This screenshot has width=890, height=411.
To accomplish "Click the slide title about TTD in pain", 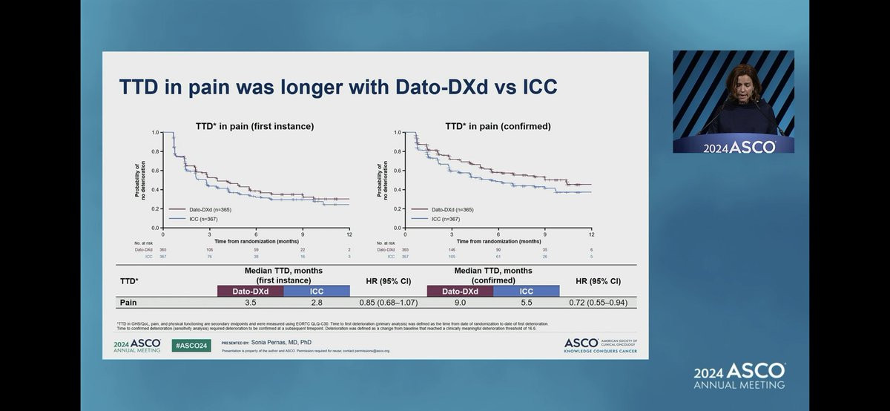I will pyautogui.click(x=338, y=88).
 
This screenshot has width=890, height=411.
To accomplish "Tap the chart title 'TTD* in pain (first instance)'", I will pyautogui.click(x=254, y=126).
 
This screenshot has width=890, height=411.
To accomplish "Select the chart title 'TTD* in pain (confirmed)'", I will pyautogui.click(x=498, y=126).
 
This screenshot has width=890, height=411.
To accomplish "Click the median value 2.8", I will pyautogui.click(x=317, y=303).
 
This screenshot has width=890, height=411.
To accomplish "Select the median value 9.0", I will pyautogui.click(x=461, y=303).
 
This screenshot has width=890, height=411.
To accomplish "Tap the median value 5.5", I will pyautogui.click(x=526, y=303).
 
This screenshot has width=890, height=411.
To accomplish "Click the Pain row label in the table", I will pyautogui.click(x=130, y=303).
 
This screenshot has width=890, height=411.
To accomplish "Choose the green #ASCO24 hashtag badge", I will pyautogui.click(x=191, y=345).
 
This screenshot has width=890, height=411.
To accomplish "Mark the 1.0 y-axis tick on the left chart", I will pyautogui.click(x=156, y=132).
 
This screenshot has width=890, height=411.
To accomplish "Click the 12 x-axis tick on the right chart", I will pyautogui.click(x=591, y=234).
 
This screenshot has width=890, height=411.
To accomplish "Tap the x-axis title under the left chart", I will pyautogui.click(x=256, y=241).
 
